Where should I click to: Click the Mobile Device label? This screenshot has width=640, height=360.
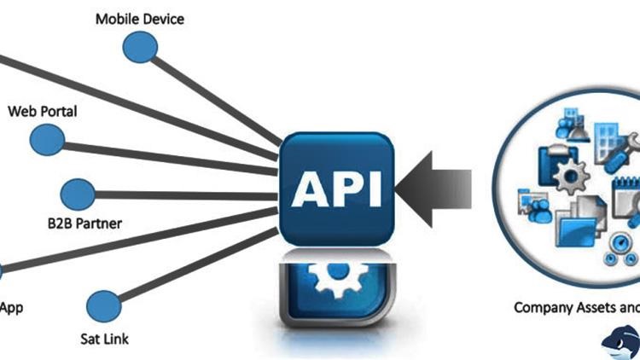click(x=140, y=19)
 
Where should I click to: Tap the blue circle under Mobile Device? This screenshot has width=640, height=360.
click(x=140, y=47)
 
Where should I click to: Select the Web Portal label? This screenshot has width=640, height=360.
click(x=43, y=112)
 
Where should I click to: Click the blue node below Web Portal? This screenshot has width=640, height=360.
click(x=47, y=140)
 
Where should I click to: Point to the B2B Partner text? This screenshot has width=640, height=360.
click(x=84, y=224)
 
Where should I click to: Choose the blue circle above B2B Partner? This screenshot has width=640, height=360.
click(x=78, y=195)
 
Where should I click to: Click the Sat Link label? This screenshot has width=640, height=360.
click(x=104, y=339)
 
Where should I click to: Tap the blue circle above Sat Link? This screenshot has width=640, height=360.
click(x=104, y=306)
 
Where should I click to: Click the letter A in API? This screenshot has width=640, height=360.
click(x=310, y=189)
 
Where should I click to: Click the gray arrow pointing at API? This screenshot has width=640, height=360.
click(x=433, y=189)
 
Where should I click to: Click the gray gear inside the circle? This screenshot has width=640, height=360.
click(x=571, y=177)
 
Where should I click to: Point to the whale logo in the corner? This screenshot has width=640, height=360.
click(x=620, y=343)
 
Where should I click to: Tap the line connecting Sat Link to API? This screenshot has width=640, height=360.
click(x=199, y=265)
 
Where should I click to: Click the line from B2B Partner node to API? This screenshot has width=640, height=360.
click(x=186, y=195)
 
